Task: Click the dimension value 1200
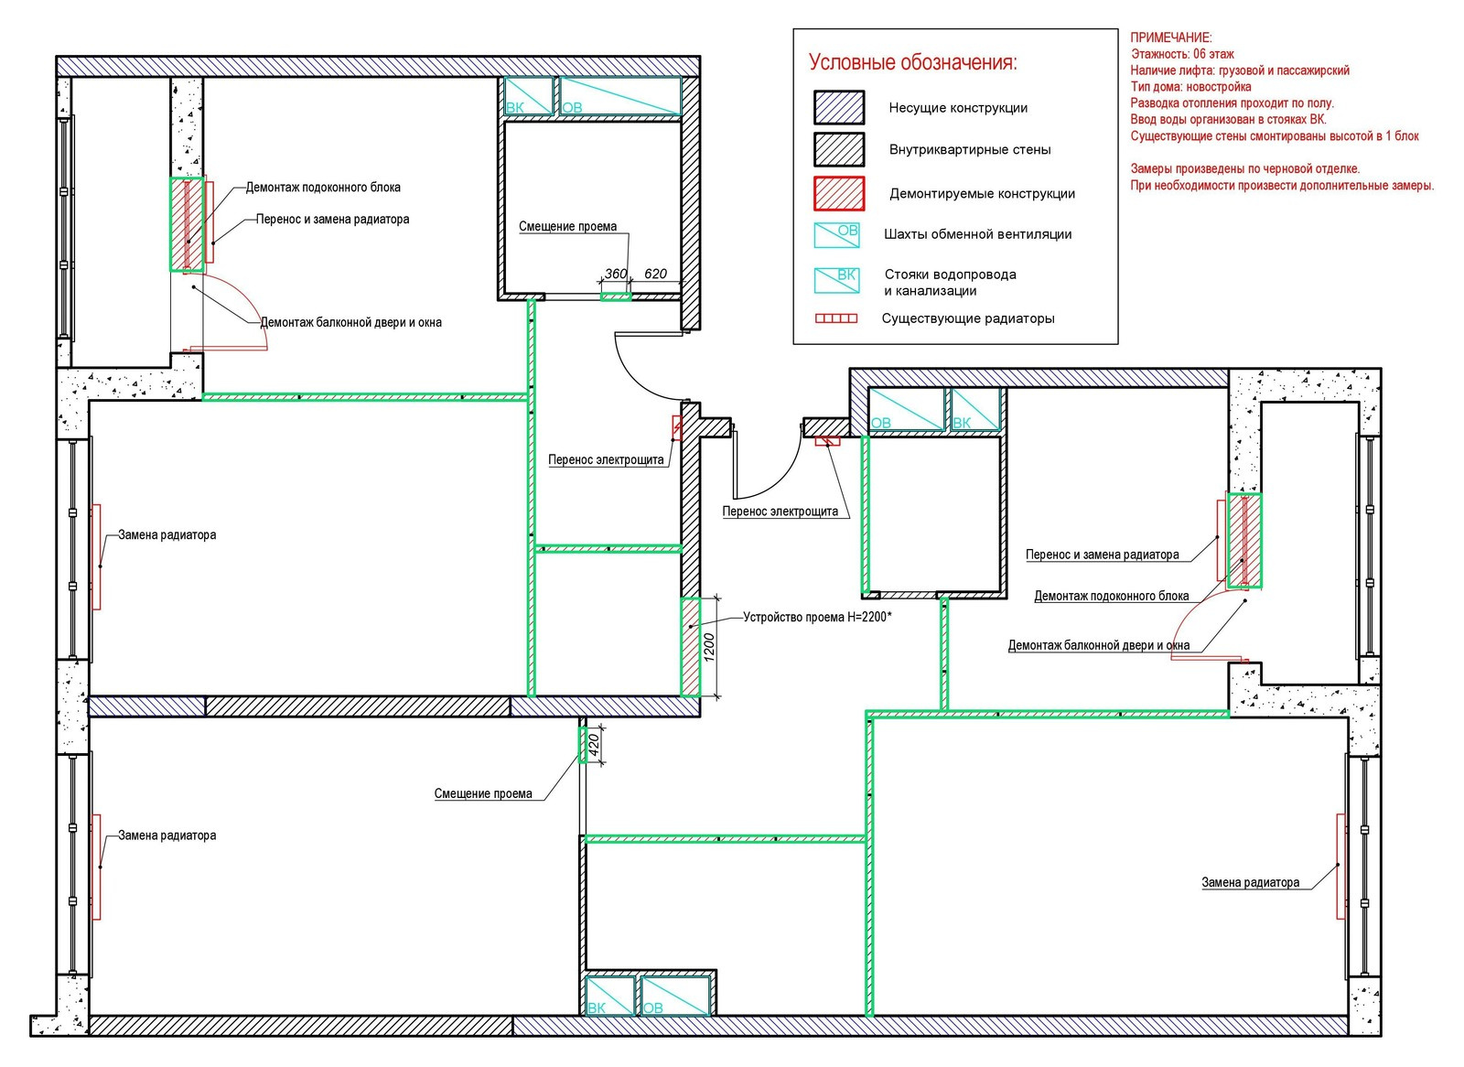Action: (710, 647)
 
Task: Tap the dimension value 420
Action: (594, 744)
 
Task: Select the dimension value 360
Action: (616, 274)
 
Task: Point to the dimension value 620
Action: (655, 274)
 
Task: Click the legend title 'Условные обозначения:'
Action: (913, 63)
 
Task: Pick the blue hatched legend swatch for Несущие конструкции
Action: (839, 108)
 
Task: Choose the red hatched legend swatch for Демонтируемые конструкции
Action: (839, 193)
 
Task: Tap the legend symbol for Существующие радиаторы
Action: (836, 318)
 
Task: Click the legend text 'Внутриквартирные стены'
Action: (970, 150)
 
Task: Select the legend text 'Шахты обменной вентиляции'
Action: (978, 234)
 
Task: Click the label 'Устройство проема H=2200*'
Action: (818, 617)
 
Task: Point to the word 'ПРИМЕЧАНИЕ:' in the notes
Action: (1171, 38)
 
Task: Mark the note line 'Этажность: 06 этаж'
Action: (1183, 54)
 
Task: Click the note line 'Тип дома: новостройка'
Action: (1191, 87)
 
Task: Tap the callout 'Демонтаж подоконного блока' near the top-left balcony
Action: (323, 188)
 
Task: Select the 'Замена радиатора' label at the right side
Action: (1250, 883)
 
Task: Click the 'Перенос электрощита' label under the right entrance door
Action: (780, 512)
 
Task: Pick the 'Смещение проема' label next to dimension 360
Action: (567, 227)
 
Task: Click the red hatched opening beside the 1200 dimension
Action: (690, 647)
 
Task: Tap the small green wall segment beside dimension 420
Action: (582, 745)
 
